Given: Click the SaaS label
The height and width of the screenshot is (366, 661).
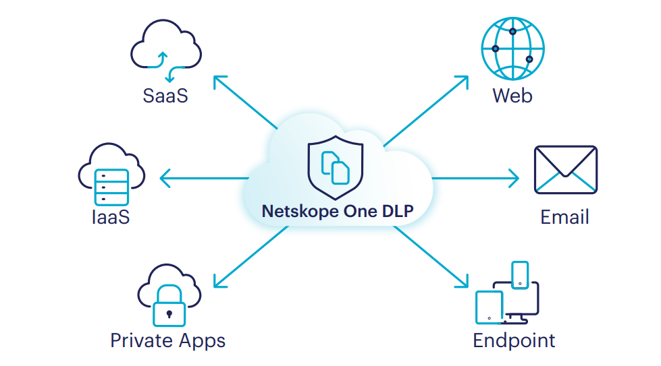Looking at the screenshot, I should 165,95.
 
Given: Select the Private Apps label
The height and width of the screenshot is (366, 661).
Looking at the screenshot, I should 167,340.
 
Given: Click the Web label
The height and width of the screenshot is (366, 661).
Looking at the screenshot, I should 512,95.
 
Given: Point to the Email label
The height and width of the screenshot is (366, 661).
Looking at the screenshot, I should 564,217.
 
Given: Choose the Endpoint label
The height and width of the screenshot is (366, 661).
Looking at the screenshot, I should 514,340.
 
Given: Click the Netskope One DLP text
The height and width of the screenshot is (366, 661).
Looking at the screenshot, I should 337,211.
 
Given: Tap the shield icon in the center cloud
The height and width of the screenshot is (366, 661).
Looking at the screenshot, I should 335,165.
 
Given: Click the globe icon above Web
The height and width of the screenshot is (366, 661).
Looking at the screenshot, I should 512,49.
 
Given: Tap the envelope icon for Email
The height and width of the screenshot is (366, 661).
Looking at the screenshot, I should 566,170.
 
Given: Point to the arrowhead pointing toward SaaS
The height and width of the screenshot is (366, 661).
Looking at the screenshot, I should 218,80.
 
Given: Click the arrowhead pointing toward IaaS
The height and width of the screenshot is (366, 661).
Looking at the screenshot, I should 164,179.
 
